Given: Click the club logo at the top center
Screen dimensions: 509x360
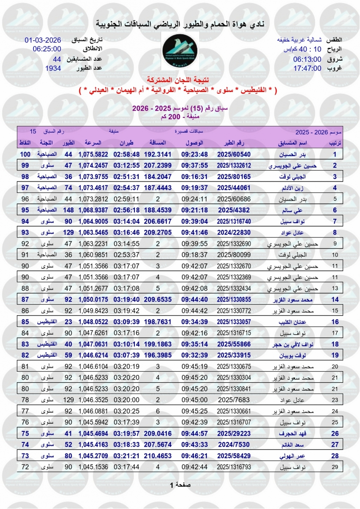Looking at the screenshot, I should click(180, 50).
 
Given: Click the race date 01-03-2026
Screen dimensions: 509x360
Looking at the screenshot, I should click(43, 40).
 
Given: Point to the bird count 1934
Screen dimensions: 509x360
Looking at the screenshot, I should click(53, 68).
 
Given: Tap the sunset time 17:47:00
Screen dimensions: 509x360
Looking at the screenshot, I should click(307, 68).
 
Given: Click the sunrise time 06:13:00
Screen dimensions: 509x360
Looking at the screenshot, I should click(307, 59).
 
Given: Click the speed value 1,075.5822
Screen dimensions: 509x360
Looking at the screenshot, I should click(93, 154).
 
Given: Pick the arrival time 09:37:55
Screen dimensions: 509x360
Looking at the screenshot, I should click(195, 165).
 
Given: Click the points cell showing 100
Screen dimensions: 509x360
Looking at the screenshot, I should click(26, 154).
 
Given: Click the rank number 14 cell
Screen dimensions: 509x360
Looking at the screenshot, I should click(334, 299).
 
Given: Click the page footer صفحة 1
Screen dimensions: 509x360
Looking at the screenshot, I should click(180, 485).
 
